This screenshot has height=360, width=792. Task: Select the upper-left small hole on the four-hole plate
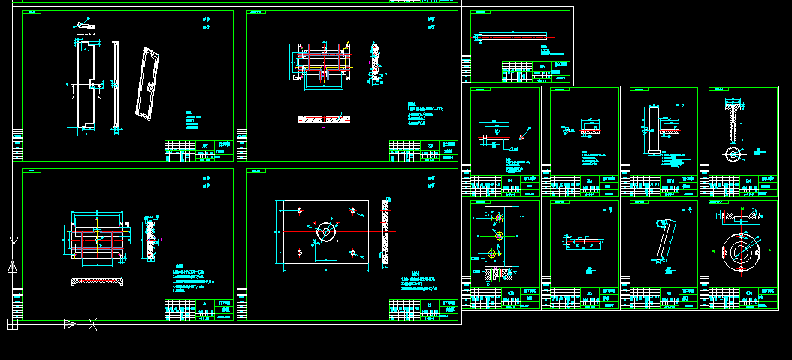299,210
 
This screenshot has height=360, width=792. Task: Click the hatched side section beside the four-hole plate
386,233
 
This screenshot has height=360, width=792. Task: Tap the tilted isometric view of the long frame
148,83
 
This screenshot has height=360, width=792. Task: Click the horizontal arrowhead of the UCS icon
69,325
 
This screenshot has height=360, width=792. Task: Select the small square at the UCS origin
12,325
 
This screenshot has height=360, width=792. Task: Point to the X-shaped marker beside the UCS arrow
93,325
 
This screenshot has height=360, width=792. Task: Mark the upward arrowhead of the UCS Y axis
12,266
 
